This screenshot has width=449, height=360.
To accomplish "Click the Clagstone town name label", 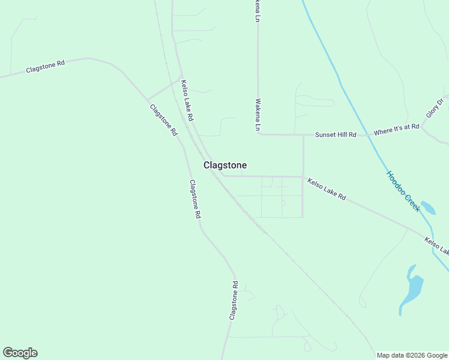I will (225, 165).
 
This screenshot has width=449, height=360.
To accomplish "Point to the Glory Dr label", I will (434, 108).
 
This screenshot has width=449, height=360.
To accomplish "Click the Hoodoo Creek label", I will (403, 191).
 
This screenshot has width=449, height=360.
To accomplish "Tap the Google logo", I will (20, 353).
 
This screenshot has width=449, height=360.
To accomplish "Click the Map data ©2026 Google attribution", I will (412, 355).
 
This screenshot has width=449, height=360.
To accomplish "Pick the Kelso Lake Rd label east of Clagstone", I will (327, 188).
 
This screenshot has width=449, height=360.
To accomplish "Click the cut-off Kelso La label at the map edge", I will (436, 245).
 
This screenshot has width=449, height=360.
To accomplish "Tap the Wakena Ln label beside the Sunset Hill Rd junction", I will (258, 115).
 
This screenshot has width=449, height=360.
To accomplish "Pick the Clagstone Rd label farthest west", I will (45, 67).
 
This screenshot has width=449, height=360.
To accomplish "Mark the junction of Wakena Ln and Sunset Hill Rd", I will (259, 134).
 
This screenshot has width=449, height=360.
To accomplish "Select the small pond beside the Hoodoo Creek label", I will (428, 208).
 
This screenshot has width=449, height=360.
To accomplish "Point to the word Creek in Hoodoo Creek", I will (411, 202).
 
